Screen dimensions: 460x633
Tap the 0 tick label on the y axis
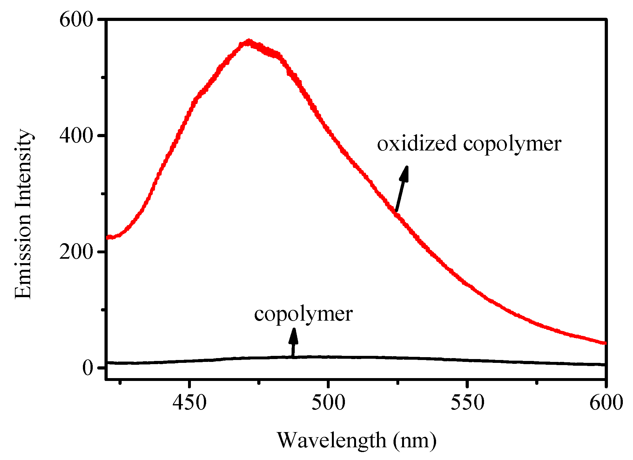point(88,368)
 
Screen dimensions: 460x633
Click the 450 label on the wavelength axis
point(189,403)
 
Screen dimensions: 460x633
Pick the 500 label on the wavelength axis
point(328,403)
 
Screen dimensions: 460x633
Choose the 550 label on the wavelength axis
point(467,403)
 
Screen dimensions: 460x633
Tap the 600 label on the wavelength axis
point(606,403)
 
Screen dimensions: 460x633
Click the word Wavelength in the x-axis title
point(332,441)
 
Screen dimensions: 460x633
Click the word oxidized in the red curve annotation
point(417,143)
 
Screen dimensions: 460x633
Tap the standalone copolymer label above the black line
point(303,314)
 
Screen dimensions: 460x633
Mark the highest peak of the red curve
point(249,42)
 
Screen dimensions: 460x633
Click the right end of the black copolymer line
point(604,365)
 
